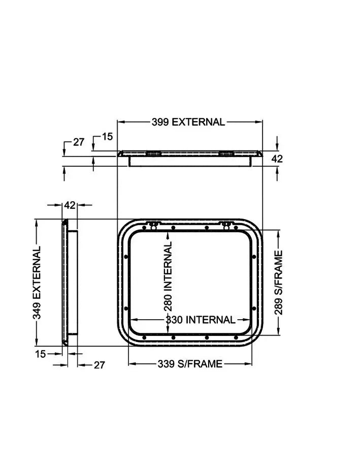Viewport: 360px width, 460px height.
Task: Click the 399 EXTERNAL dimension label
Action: (x=188, y=122)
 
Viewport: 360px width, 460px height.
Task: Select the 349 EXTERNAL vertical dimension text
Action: (x=37, y=283)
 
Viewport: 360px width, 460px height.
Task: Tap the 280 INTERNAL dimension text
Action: (x=168, y=277)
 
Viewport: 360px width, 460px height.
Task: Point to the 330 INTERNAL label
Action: (x=201, y=320)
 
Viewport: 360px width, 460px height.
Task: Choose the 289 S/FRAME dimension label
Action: (x=279, y=283)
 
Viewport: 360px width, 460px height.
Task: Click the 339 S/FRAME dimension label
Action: (x=190, y=364)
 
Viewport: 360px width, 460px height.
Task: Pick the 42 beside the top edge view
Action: (x=277, y=159)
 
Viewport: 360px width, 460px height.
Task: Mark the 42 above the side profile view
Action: (x=70, y=205)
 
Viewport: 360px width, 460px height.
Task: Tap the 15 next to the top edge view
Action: (x=107, y=136)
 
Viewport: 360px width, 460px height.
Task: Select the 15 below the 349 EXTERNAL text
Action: (x=41, y=354)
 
